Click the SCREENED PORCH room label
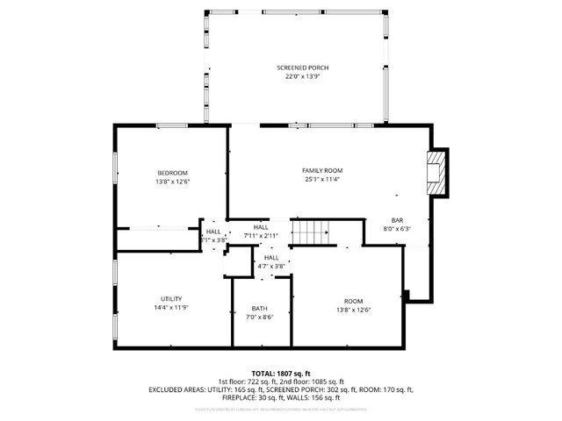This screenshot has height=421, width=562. [303, 68]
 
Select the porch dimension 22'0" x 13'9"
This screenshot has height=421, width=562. [303, 76]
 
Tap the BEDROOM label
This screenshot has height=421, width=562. [173, 173]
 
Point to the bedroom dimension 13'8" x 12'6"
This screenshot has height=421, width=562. [173, 182]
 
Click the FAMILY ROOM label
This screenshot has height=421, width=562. [322, 170]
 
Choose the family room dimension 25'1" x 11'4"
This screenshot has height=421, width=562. [322, 179]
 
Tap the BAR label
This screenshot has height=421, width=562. [397, 219]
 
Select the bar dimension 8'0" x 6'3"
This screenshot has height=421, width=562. [397, 228]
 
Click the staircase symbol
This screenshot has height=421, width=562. [312, 232]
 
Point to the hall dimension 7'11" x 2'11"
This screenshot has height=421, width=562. [261, 236]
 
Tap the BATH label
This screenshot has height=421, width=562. [260, 308]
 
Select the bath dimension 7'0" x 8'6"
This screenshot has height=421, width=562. [260, 317]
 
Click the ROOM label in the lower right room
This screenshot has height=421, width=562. [353, 300]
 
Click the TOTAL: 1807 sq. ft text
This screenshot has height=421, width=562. [281, 373]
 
